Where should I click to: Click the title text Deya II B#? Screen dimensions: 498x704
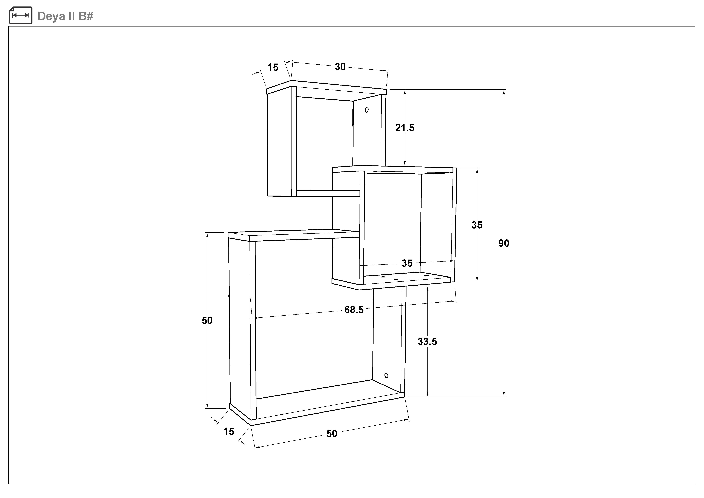tap(65, 16)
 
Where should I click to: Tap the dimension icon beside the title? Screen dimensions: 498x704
tap(21, 15)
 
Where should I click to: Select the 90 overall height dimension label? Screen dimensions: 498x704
tap(504, 243)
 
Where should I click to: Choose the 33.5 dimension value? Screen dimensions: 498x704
tap(427, 341)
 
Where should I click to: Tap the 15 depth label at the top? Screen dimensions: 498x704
tap(273, 67)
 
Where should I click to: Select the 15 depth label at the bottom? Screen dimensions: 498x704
tap(228, 431)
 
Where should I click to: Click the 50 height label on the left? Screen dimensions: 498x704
tap(207, 321)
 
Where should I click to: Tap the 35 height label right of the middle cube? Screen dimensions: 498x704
tap(477, 225)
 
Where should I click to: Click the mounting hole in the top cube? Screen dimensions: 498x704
tap(367, 109)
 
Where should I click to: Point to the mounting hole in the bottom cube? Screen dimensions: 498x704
tap(386, 375)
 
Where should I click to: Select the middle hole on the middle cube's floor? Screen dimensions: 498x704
tap(395, 279)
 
